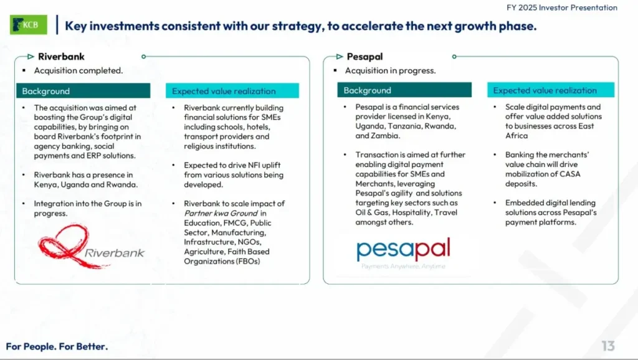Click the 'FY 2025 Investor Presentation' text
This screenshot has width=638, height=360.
[x=561, y=8]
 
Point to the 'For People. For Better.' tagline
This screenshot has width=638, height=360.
[x=57, y=346]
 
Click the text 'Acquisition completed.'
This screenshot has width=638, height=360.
[x=79, y=70]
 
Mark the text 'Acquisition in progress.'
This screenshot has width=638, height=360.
[x=390, y=70]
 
